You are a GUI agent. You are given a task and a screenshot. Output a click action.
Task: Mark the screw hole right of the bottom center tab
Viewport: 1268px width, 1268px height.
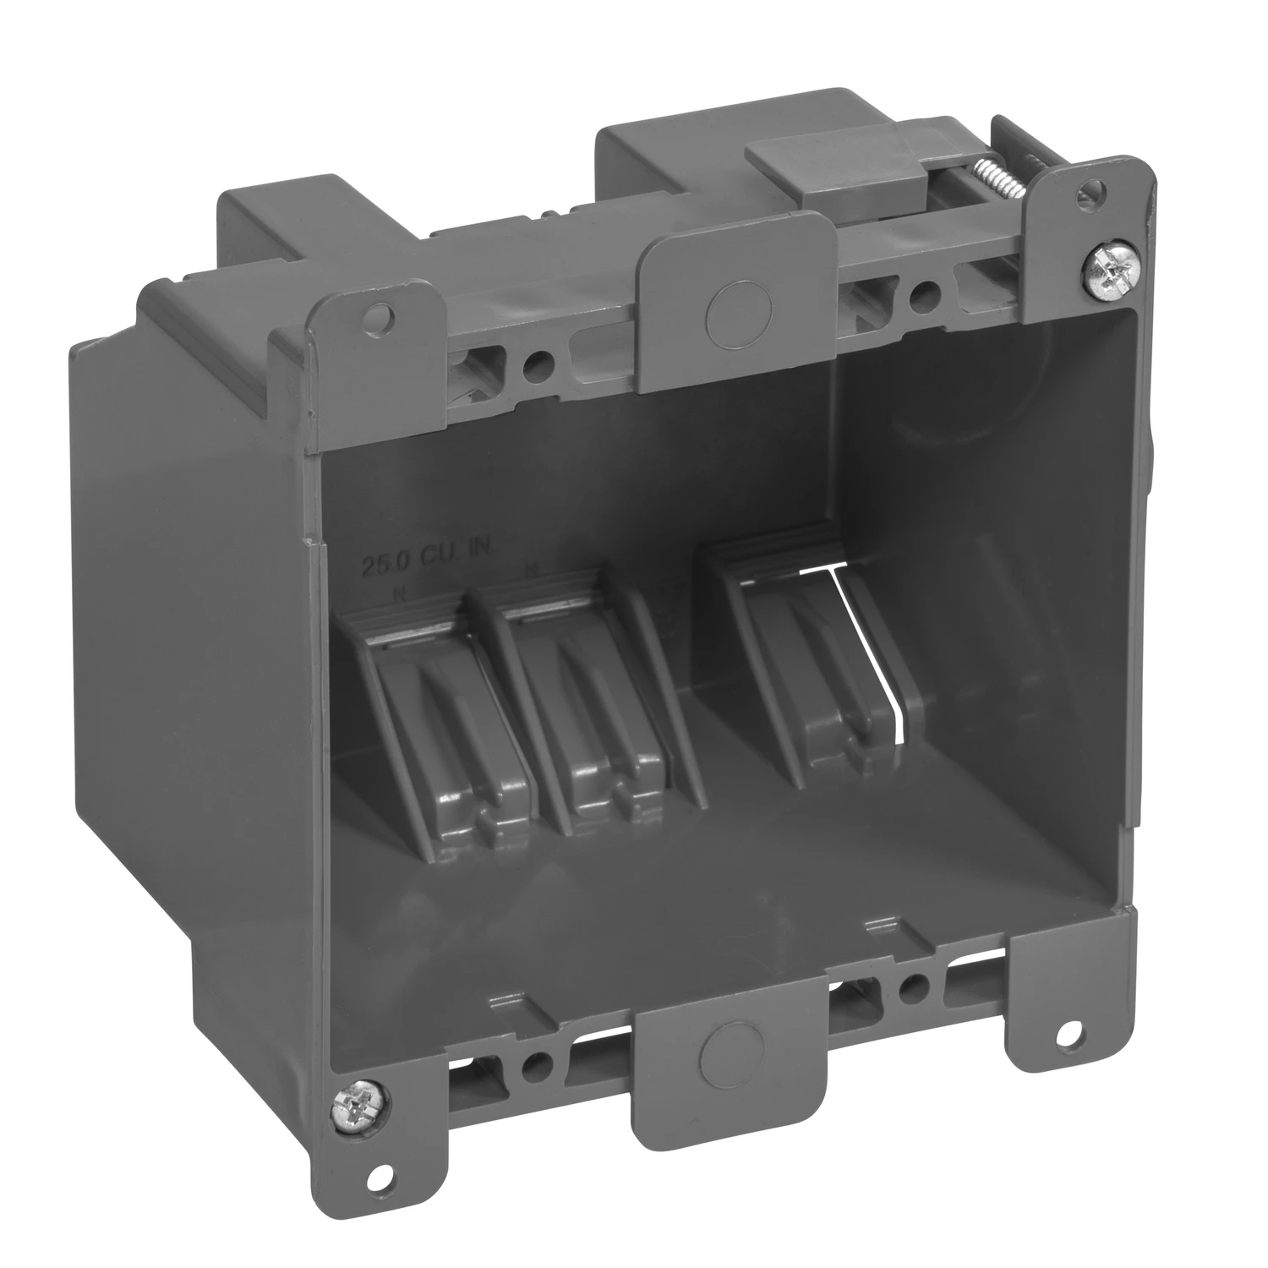click(x=911, y=986)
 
